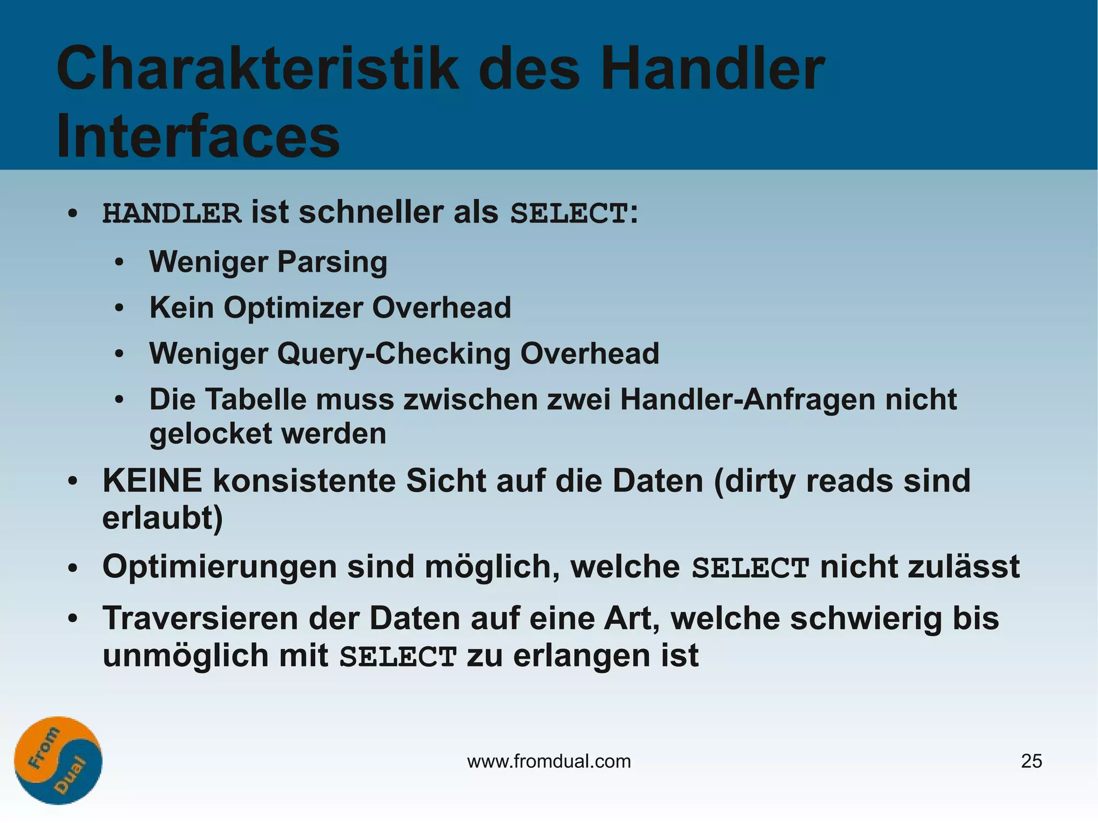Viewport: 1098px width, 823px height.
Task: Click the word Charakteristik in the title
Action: [x=257, y=70]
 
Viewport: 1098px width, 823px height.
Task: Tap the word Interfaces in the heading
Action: [x=198, y=136]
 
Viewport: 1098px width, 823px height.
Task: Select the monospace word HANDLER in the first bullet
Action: [x=172, y=213]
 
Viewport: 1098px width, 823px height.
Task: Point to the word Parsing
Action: [x=332, y=262]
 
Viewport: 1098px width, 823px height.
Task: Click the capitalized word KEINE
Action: [x=152, y=480]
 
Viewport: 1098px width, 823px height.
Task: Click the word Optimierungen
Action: [x=220, y=567]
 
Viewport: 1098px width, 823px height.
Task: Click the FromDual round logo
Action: [x=58, y=760]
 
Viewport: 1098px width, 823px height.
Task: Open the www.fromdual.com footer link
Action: [x=549, y=761]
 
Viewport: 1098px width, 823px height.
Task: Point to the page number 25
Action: [x=1032, y=761]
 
